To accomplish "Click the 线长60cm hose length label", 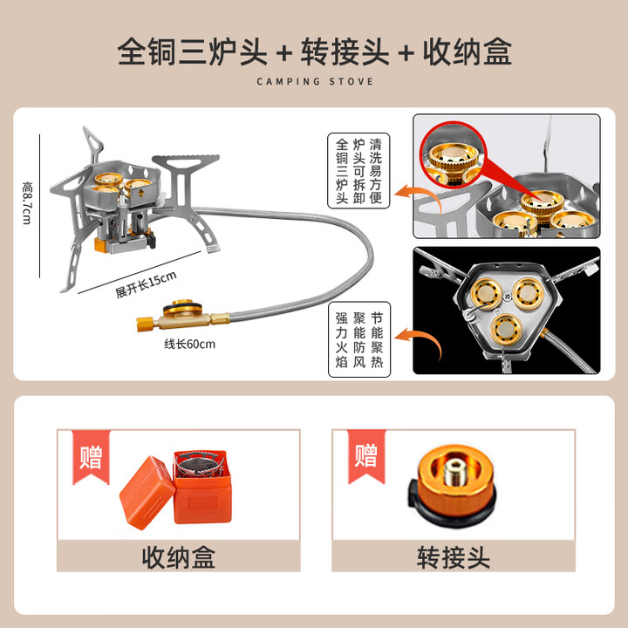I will pos(189,344).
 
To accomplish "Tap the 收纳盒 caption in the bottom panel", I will pos(179,556).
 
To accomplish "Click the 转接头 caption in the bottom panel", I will pos(454,556).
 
